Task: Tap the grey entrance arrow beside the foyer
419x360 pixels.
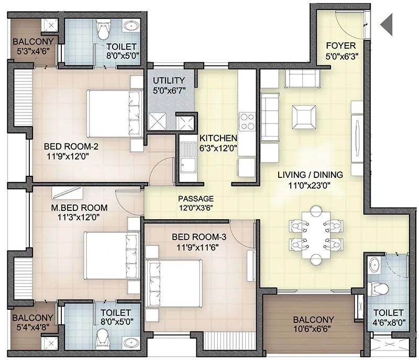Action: pos(387,24)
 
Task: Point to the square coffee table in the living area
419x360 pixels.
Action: pos(304,116)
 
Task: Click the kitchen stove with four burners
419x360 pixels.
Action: pos(247,121)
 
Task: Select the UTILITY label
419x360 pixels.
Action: pos(168,81)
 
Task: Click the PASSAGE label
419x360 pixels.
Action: pos(196,199)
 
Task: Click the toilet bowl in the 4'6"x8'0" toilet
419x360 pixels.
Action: pos(378,288)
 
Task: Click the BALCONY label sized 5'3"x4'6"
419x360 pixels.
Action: pos(32,42)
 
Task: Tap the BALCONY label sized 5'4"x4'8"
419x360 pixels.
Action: pos(32,318)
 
